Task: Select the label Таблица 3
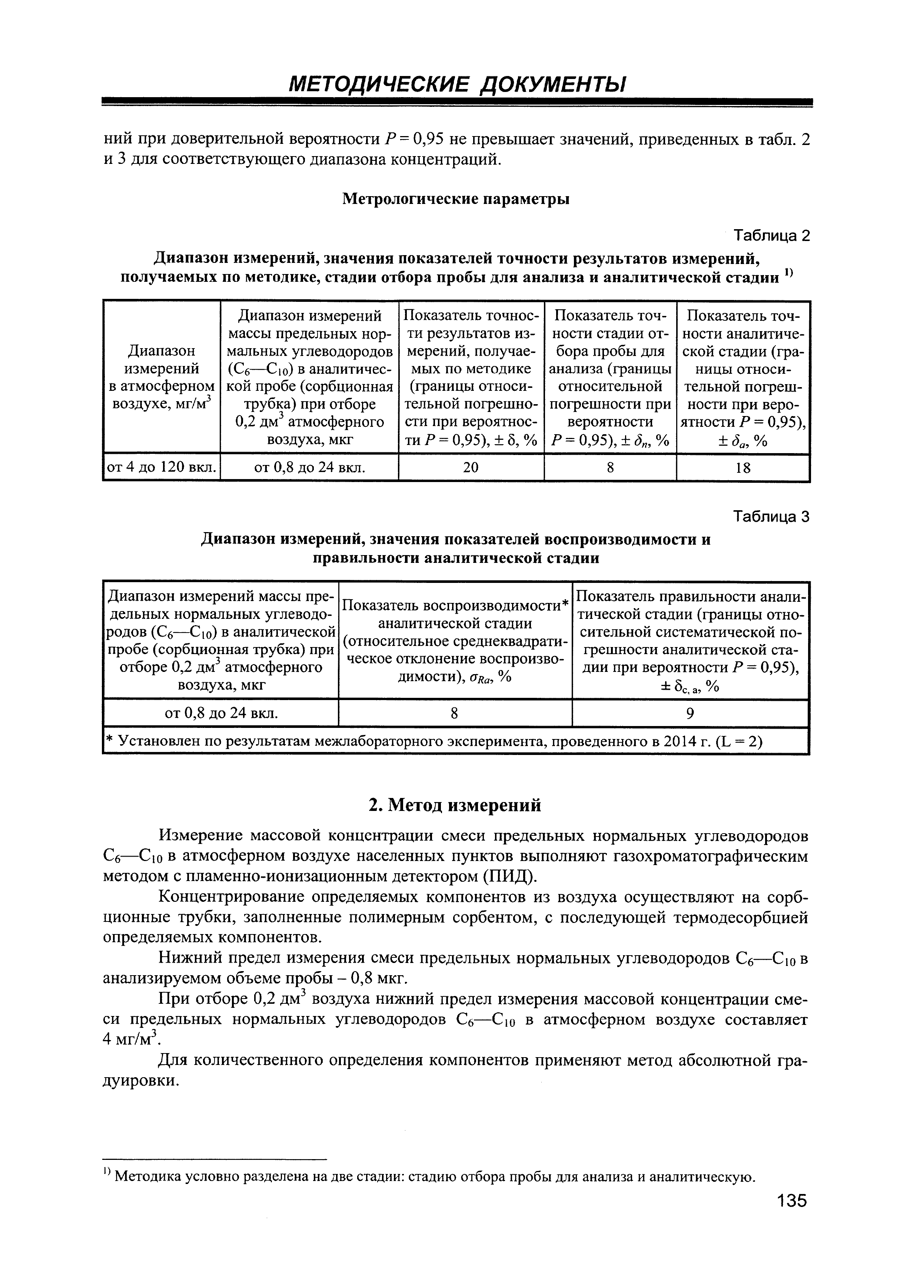click(771, 517)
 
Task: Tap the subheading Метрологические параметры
click(456, 199)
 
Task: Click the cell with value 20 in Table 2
click(471, 468)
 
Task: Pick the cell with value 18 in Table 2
click(743, 468)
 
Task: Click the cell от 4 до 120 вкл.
click(162, 468)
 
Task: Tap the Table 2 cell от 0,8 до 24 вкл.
click(309, 468)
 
